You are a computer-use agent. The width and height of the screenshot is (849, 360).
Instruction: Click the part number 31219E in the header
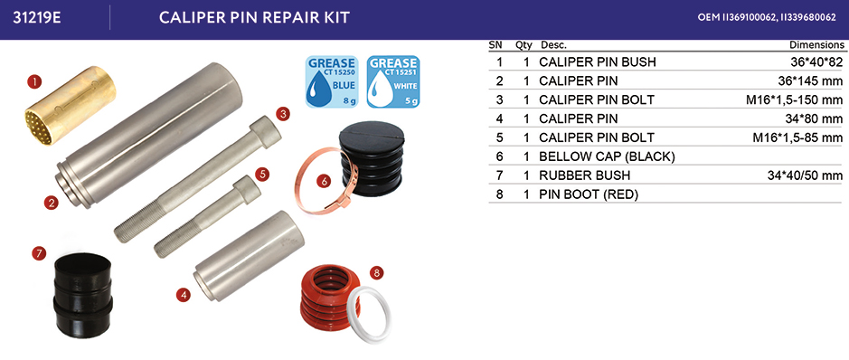point(36,17)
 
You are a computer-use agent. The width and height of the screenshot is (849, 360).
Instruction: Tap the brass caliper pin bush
point(71,106)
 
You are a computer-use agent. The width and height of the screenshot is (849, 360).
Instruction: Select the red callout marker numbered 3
point(283,114)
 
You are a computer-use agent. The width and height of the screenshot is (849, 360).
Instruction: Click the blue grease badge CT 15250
point(331,81)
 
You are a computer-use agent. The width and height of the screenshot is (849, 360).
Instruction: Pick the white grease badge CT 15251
point(393,81)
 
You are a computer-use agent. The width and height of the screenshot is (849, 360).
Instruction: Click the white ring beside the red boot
point(368,315)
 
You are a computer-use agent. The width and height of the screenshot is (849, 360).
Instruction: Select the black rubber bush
point(83,295)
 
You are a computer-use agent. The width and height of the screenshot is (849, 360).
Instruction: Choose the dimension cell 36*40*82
point(810,62)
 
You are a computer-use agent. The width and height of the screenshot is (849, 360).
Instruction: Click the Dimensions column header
point(816,45)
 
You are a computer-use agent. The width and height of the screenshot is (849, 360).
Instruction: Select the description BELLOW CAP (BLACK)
point(607,157)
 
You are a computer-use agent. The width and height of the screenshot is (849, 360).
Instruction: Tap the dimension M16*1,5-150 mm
point(795,100)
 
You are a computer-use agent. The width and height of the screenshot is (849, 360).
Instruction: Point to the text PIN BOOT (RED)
point(589,194)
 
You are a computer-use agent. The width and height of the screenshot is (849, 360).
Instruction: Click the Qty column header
point(524,45)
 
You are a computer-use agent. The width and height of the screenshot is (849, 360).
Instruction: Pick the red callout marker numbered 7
point(39,252)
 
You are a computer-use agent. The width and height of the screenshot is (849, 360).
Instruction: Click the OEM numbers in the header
point(767,17)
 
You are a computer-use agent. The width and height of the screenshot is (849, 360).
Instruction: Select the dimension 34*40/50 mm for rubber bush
point(802,175)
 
